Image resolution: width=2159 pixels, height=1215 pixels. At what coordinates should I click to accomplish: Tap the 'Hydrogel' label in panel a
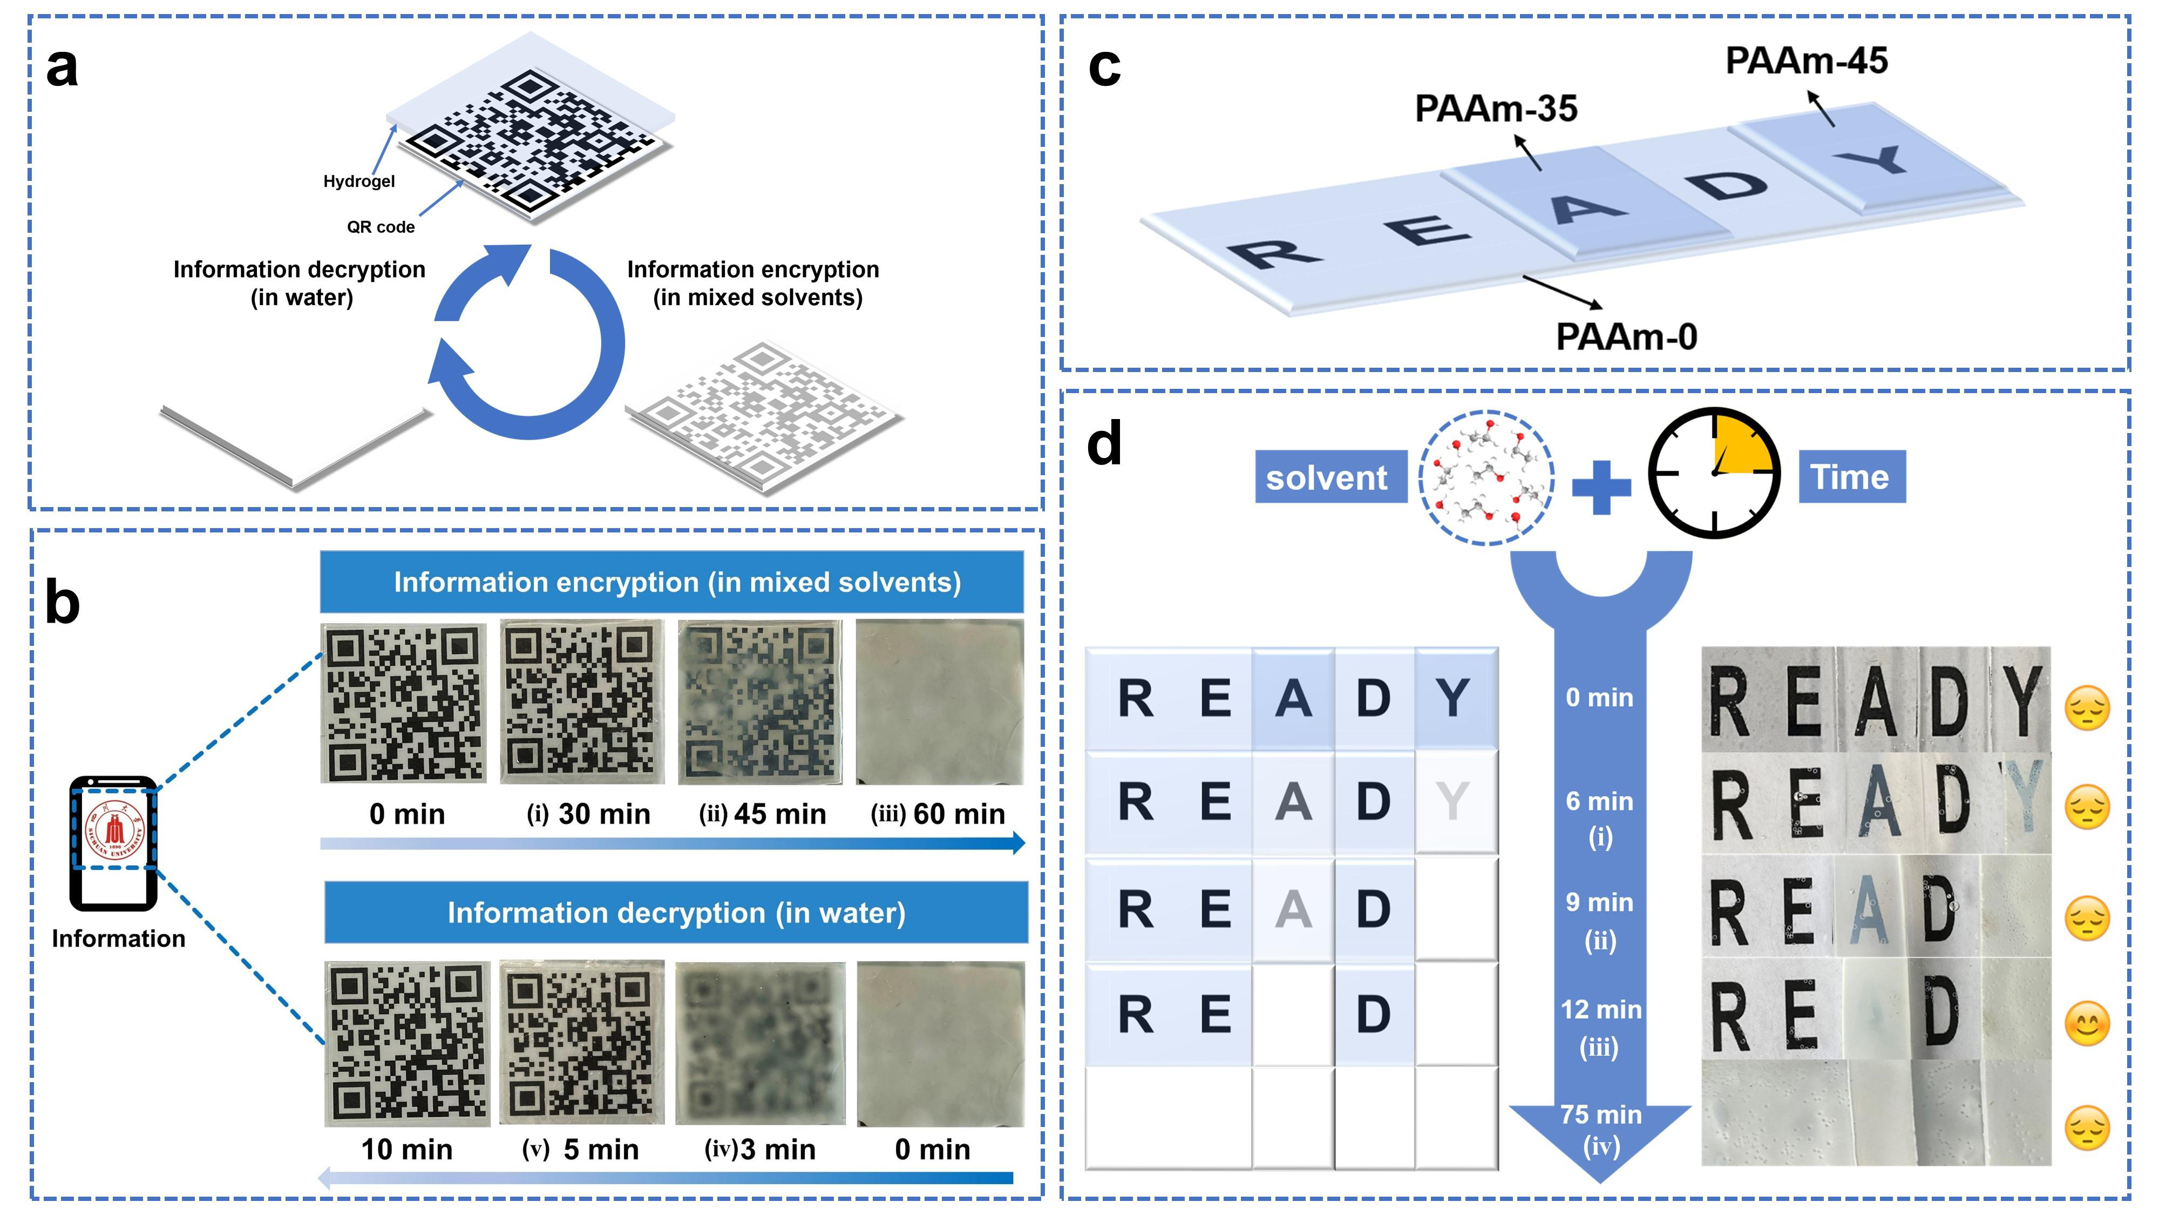coord(359,181)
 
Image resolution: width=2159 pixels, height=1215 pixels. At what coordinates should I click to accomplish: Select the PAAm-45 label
coord(1806,60)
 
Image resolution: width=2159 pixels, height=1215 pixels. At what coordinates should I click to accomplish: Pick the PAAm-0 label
coord(1626,337)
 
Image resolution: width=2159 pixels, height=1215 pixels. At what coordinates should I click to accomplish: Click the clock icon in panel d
coord(1714,473)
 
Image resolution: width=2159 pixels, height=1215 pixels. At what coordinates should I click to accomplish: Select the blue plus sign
coord(1601,487)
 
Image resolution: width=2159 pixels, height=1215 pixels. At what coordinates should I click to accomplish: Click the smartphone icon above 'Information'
coord(114,843)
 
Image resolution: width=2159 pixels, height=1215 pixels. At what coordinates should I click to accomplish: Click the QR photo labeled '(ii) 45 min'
coord(759,702)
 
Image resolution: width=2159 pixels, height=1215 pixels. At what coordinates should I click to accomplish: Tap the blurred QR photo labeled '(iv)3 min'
coord(759,1043)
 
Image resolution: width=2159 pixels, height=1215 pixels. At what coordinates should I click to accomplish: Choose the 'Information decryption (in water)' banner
coord(676,912)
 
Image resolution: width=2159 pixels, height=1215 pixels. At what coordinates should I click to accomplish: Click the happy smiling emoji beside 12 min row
coord(2087,1024)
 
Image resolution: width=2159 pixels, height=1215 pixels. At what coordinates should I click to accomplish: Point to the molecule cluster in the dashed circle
coord(1486,477)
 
